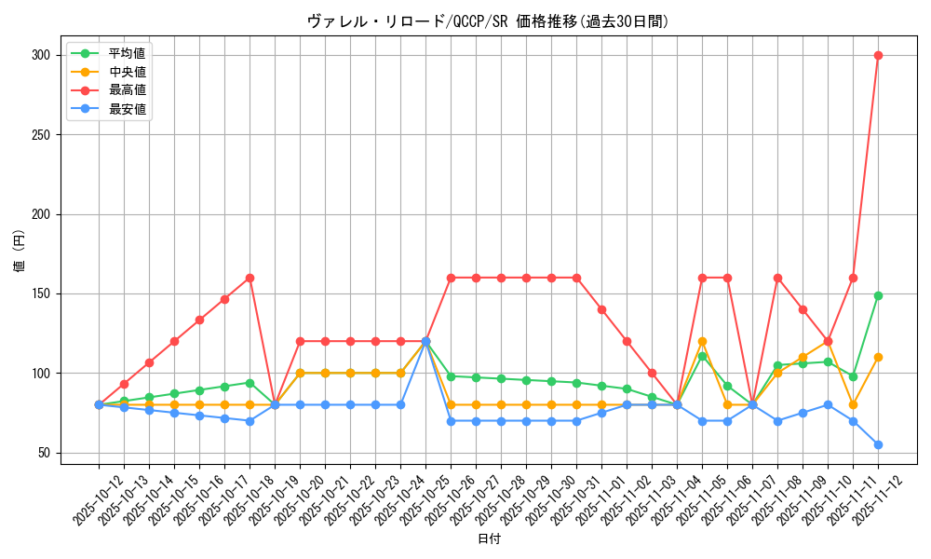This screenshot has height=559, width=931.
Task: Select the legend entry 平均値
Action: coord(127,53)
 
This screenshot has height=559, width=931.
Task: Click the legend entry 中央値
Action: coord(127,72)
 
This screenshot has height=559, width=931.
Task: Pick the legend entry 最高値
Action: coord(127,90)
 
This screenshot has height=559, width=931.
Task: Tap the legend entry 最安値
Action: coord(127,109)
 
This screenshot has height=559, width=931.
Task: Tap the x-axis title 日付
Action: coord(488,539)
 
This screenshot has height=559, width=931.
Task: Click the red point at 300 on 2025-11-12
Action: coord(878,55)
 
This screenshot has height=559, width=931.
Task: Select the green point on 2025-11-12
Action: coord(878,295)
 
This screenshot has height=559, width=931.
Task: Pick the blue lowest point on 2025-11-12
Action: coord(878,444)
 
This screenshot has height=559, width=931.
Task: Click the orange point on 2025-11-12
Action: coord(878,357)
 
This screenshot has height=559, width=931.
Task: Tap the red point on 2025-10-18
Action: coord(250,278)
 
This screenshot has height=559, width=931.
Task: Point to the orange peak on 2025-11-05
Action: coord(702,341)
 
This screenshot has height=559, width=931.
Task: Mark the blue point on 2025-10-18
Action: coord(250,421)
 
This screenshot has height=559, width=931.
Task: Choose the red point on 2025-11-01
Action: coord(601,309)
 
